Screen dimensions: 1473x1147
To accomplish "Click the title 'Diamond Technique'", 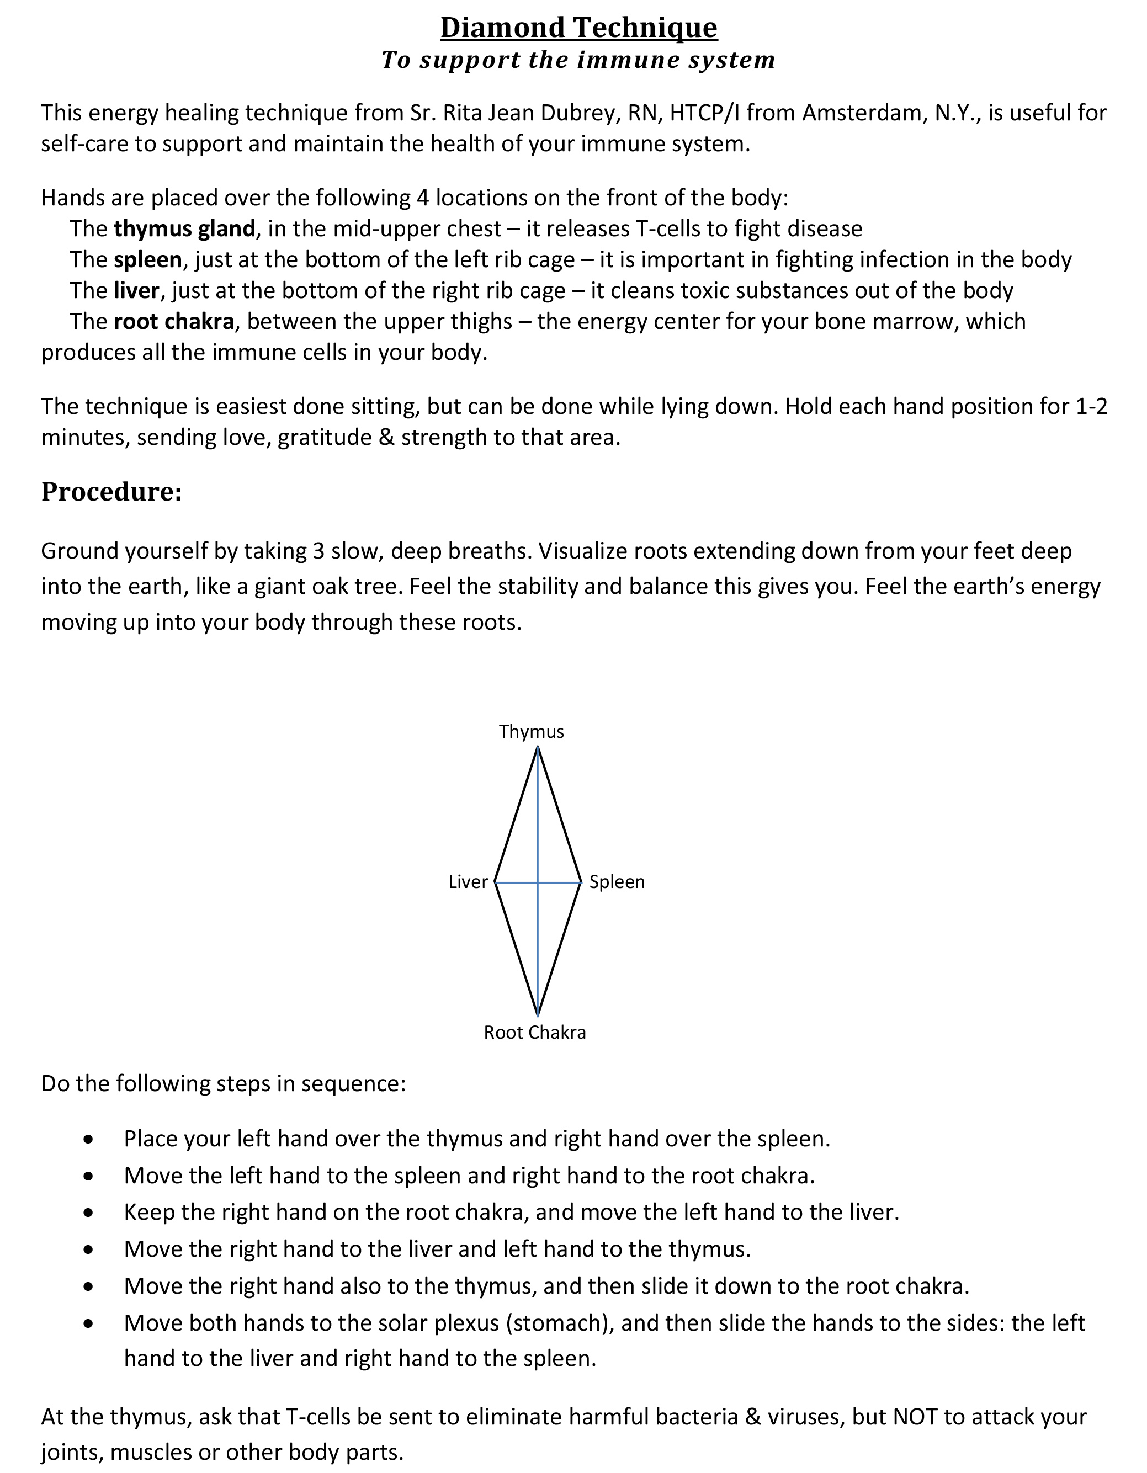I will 578,28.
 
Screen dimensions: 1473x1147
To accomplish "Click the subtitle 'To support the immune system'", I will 578,60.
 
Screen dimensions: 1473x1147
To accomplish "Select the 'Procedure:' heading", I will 111,491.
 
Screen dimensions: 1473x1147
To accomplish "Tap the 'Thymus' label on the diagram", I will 531,732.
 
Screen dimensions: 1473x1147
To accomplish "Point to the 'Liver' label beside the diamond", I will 468,882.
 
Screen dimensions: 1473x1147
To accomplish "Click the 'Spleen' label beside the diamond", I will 617,882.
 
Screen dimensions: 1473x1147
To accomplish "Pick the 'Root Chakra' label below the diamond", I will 534,1033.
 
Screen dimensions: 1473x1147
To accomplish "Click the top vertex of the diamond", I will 538,747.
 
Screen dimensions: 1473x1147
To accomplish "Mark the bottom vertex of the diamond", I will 538,1015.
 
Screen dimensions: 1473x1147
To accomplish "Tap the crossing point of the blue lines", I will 538,882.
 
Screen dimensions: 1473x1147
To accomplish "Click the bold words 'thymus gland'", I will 184,230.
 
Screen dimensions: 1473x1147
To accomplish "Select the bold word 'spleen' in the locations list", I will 148,259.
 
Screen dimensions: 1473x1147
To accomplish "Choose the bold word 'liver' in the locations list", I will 136,291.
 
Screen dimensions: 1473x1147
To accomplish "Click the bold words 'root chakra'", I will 173,322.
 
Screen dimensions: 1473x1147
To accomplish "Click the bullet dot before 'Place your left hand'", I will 88,1140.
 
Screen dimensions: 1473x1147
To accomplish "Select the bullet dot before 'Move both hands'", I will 88,1324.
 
